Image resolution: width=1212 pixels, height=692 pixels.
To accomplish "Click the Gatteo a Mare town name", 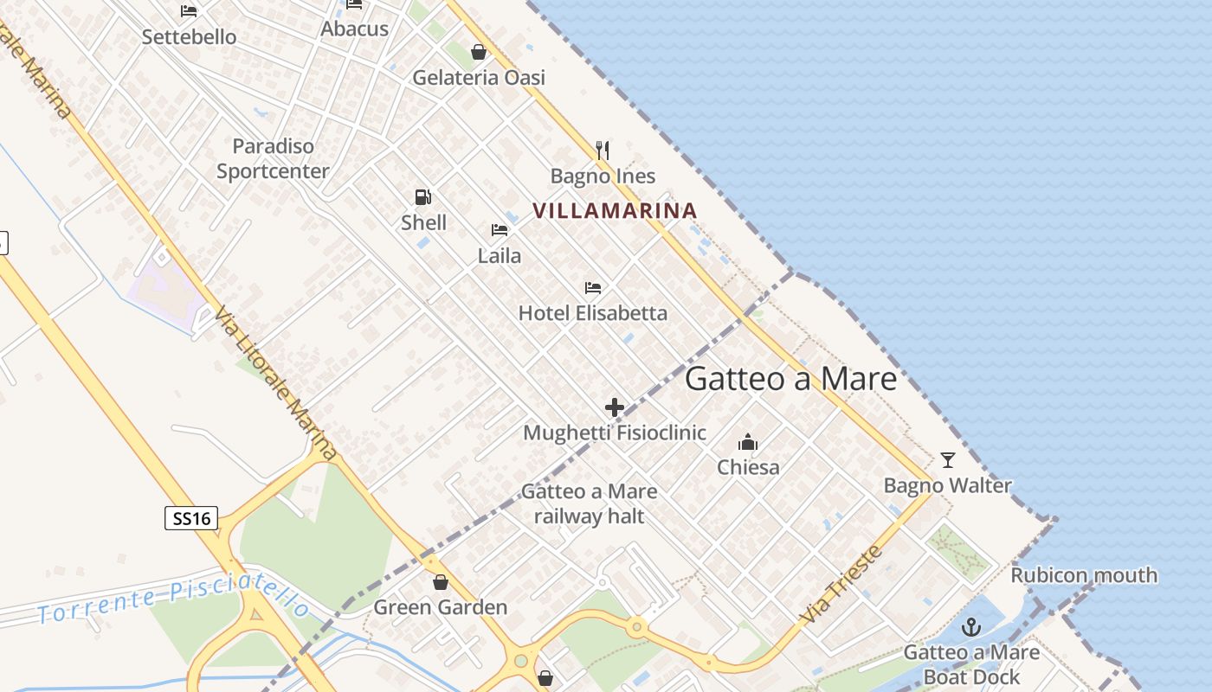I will point(790,379).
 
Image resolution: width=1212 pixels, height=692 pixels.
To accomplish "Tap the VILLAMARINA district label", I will point(615,210).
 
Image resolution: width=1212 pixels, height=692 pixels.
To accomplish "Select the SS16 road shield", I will point(191,518).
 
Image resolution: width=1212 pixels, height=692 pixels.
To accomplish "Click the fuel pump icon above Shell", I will point(423,197).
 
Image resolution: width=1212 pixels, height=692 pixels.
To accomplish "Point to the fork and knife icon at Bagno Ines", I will point(603,151).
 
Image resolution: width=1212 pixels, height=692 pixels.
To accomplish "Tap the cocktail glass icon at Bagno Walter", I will point(948,459).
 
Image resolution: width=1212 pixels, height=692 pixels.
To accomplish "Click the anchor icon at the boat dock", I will point(972,627).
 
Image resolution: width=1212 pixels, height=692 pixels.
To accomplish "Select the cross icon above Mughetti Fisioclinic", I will point(615,407).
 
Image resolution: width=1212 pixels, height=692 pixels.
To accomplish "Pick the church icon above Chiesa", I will point(748,443).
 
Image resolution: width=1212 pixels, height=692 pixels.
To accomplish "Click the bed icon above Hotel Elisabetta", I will point(593,287).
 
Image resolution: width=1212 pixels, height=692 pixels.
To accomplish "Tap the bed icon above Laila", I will point(500,230).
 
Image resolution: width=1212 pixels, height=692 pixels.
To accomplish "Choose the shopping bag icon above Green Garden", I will point(440,582).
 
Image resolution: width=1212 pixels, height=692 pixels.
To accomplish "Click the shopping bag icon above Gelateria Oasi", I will point(478,52).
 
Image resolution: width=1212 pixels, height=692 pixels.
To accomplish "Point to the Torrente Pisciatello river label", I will point(173,598).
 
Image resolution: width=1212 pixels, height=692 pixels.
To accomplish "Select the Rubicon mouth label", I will point(1084,574).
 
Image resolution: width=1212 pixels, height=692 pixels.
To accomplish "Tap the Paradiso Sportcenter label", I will point(273,158).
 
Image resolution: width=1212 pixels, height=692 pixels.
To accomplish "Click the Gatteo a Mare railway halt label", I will point(589,503).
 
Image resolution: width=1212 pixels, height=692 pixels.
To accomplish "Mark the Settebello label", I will point(189,37).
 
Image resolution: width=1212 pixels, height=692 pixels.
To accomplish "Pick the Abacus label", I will point(354,29).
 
